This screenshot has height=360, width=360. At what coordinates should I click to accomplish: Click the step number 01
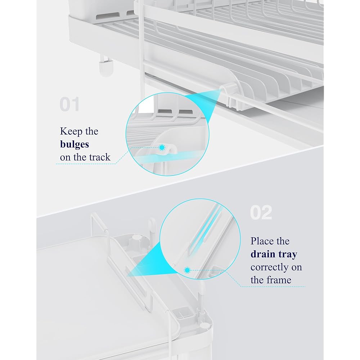click(69, 104)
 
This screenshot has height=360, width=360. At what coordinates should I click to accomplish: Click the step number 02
click(261, 212)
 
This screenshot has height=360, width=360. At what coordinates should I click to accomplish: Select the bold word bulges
click(75, 144)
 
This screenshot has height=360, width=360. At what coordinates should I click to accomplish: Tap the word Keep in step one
click(71, 131)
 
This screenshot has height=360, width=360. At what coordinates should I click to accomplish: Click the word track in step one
click(100, 157)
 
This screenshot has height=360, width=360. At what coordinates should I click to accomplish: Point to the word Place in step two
click(262, 241)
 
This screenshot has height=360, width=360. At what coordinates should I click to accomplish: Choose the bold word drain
click(263, 254)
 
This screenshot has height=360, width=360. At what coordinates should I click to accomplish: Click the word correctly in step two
click(268, 267)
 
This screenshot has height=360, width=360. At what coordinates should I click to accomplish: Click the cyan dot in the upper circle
click(162, 147)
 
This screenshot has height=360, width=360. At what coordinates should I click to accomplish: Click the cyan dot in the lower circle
click(187, 270)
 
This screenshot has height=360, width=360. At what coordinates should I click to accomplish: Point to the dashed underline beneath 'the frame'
click(273, 287)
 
